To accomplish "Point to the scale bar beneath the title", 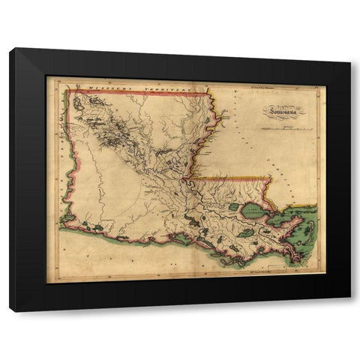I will [287, 129].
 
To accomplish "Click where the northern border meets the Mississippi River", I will [209, 92].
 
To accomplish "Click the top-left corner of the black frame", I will [10, 49].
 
